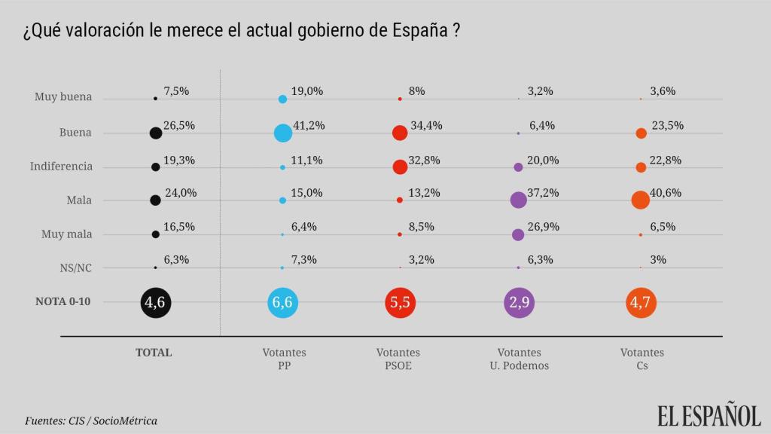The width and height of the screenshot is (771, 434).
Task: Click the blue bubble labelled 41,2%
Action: coord(282,133)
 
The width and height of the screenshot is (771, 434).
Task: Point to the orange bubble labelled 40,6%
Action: coord(640,200)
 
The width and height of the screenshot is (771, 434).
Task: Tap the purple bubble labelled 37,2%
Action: coord(518,200)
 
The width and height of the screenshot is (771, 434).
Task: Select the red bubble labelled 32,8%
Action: coord(400,167)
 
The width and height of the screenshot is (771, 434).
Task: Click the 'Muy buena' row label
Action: coord(63,97)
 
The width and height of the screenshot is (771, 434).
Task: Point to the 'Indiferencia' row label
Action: coord(61,167)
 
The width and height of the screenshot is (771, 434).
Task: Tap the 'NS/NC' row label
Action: coord(75,267)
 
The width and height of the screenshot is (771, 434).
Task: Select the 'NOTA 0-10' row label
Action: coord(64,301)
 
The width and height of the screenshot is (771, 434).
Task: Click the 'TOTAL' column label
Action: coord(154,352)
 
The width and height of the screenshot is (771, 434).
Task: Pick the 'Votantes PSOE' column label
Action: coord(398,359)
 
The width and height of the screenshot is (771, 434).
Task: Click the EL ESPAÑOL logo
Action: coord(709,415)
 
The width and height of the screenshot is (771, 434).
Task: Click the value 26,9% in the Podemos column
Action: coord(540,226)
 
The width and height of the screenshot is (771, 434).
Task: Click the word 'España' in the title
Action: coord(421,32)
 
